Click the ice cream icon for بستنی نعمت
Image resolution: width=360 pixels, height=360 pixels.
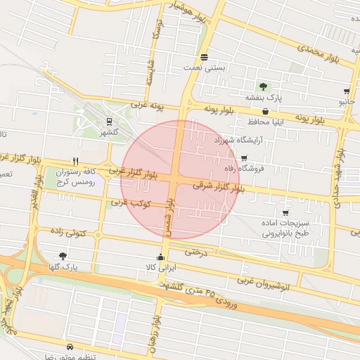(204, 57)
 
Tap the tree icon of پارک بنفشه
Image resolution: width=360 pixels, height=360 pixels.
(263, 86)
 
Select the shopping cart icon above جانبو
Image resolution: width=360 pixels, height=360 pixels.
(347, 91)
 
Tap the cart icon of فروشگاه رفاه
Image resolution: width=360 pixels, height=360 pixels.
(244, 158)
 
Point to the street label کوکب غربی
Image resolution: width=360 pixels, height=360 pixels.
(127, 202)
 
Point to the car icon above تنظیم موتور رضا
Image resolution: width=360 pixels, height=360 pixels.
(70, 347)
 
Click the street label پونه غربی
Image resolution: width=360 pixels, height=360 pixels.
(146, 105)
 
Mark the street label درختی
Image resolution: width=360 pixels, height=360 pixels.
(196, 252)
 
